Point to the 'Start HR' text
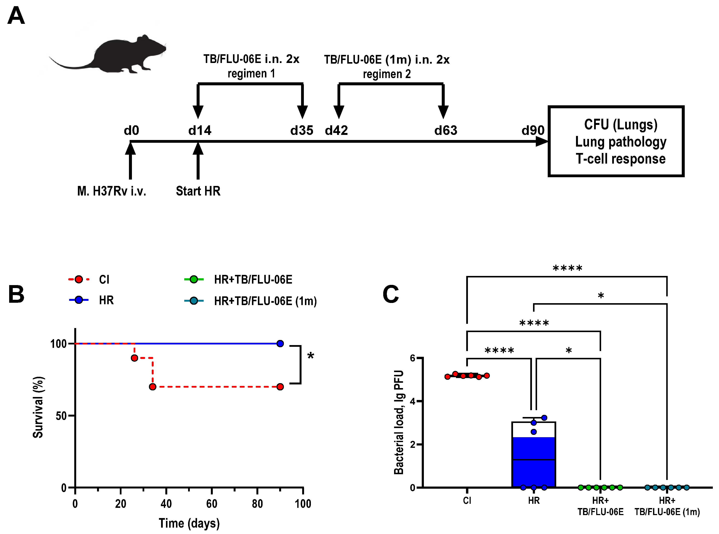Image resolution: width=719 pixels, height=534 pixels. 198,191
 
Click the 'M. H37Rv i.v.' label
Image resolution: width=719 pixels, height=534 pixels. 111,191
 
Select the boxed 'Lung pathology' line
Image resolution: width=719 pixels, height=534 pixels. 620,142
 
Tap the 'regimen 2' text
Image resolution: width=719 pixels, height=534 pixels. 387,74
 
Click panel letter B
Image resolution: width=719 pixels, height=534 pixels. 16,294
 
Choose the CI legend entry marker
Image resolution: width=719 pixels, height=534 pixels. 79,279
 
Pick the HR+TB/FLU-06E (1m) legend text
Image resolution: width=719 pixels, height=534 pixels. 265,301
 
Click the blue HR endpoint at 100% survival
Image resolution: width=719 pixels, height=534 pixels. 280,343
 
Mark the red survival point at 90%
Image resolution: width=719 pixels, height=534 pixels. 134,358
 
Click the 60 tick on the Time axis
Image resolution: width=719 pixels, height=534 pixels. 212,504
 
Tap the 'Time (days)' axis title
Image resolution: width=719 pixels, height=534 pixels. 189,523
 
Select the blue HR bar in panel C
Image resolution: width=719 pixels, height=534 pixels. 533,462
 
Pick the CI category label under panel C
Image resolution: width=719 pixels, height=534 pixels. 467,501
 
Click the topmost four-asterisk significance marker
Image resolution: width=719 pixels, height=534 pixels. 567,268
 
